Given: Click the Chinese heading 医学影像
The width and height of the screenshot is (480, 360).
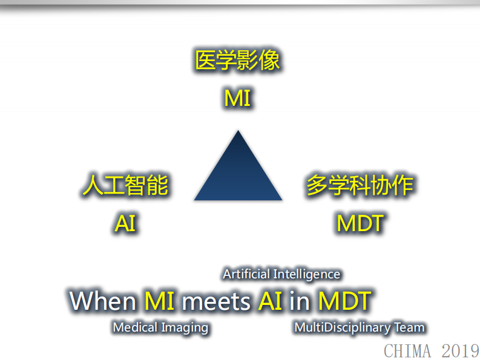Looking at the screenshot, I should [x=237, y=61].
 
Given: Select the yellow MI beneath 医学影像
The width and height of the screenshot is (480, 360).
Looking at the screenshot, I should [x=237, y=98].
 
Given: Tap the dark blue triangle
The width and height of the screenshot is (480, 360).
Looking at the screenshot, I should [x=238, y=175].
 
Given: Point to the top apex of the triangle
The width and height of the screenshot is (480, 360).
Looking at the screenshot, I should [x=238, y=132].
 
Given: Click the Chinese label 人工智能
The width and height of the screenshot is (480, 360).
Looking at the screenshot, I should [x=125, y=186].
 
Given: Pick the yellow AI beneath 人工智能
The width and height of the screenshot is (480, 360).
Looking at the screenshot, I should [x=125, y=224].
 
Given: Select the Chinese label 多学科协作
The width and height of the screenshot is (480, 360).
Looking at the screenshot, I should [x=360, y=186].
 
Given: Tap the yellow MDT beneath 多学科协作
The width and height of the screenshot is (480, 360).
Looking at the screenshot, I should [x=360, y=224].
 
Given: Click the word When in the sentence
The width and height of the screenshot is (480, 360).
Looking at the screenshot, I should [x=104, y=301].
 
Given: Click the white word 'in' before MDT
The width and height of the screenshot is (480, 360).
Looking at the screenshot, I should [x=300, y=301].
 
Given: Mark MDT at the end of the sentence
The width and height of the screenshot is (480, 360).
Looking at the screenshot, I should [x=344, y=301].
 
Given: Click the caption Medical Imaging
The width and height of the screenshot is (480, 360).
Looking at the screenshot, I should [x=160, y=328].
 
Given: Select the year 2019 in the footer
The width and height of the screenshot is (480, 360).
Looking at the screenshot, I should [x=460, y=350].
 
